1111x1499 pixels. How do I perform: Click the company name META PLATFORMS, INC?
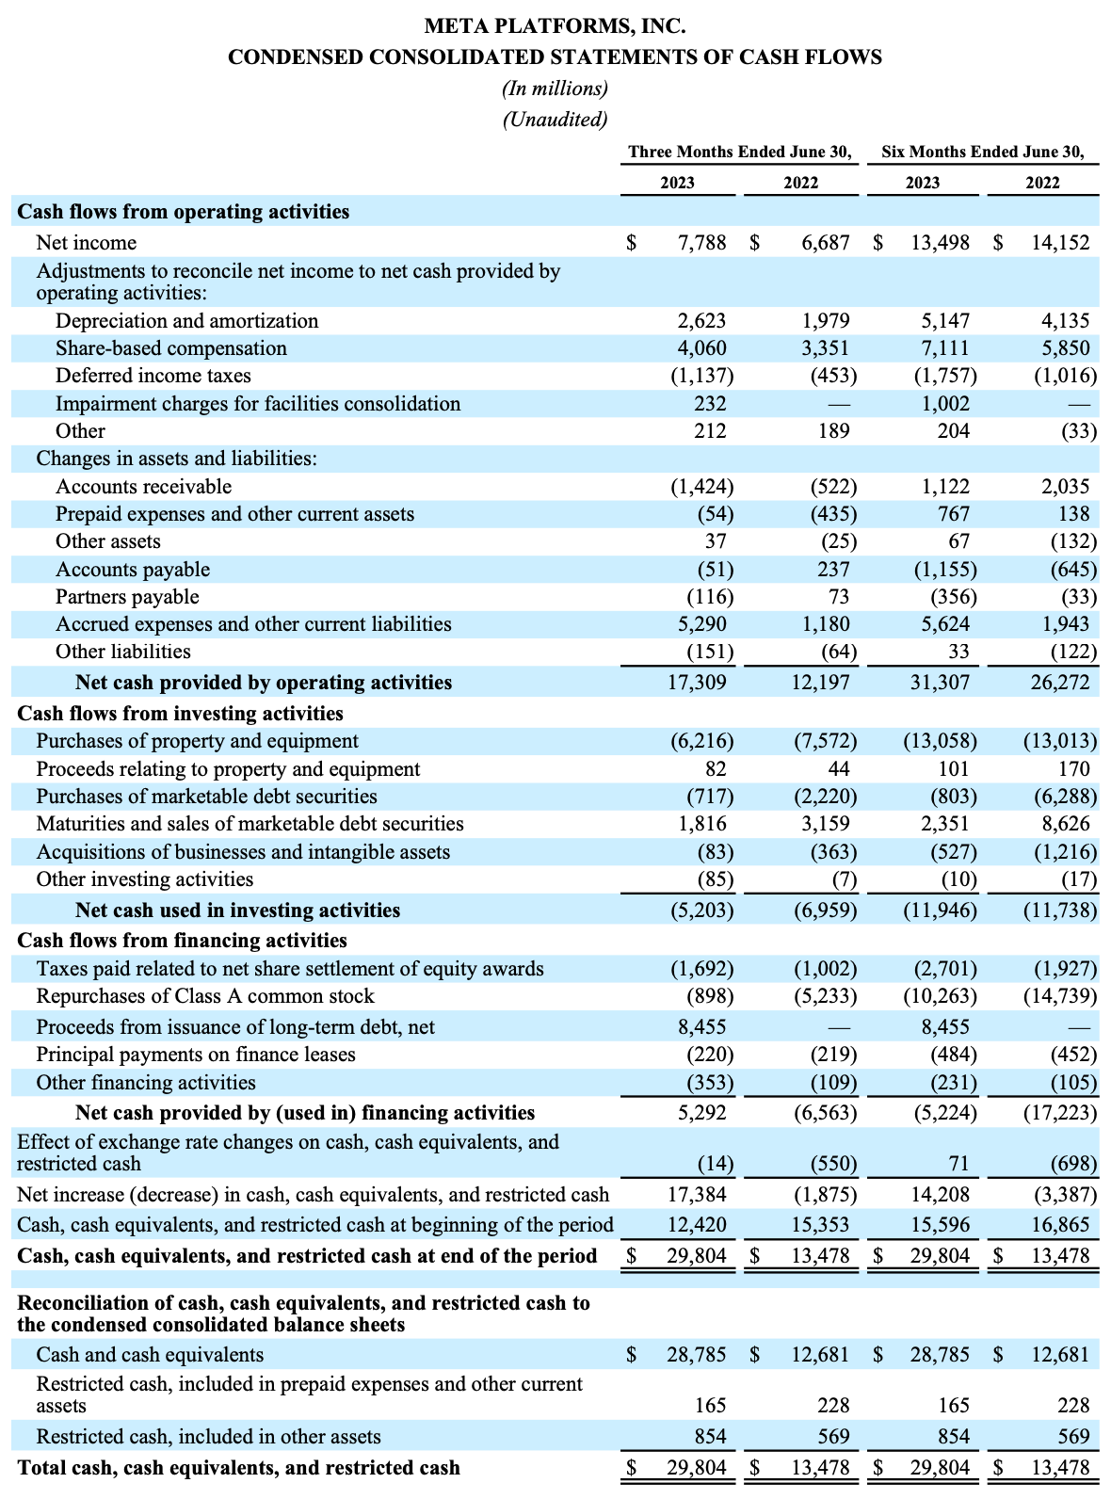pyautogui.click(x=555, y=25)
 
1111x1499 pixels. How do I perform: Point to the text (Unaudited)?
pyautogui.click(x=555, y=120)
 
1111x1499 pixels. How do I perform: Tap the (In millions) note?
pyautogui.click(x=555, y=89)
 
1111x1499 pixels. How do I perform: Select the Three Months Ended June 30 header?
pyautogui.click(x=740, y=152)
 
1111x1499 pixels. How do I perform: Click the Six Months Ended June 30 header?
pyautogui.click(x=983, y=152)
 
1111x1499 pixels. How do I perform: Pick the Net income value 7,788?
pyautogui.click(x=702, y=243)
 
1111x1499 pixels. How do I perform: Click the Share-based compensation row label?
pyautogui.click(x=171, y=348)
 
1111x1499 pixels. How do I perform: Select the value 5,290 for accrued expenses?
pyautogui.click(x=702, y=624)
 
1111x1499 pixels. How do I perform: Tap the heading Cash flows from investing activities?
pyautogui.click(x=181, y=713)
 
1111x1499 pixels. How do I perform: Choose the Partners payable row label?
pyautogui.click(x=127, y=597)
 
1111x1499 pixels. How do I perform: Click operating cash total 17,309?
pyautogui.click(x=697, y=683)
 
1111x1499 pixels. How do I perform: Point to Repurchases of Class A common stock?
pyautogui.click(x=205, y=996)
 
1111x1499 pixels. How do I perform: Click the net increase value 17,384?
pyautogui.click(x=697, y=1195)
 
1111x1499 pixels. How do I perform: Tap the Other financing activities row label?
pyautogui.click(x=146, y=1083)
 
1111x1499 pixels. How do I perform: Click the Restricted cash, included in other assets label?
pyautogui.click(x=208, y=1437)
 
